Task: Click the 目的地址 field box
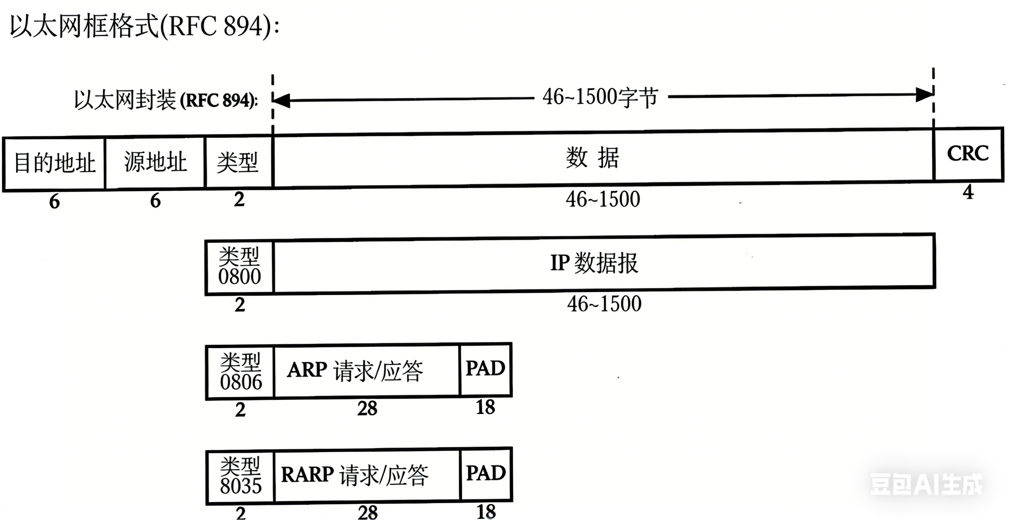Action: [55, 163]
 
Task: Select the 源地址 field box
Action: [155, 162]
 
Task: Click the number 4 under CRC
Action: [968, 192]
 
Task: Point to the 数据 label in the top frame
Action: [592, 158]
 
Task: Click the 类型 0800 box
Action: [239, 267]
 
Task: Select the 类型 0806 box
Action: [240, 372]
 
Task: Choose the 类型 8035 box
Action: [240, 476]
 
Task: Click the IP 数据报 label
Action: [594, 263]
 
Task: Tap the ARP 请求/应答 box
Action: [367, 370]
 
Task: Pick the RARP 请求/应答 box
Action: [367, 475]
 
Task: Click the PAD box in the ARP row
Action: [485, 369]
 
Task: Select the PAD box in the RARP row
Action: [486, 474]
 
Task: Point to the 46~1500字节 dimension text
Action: [600, 97]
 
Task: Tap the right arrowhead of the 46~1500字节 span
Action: [924, 95]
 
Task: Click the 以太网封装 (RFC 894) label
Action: [166, 100]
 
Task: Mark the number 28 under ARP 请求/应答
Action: [367, 408]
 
